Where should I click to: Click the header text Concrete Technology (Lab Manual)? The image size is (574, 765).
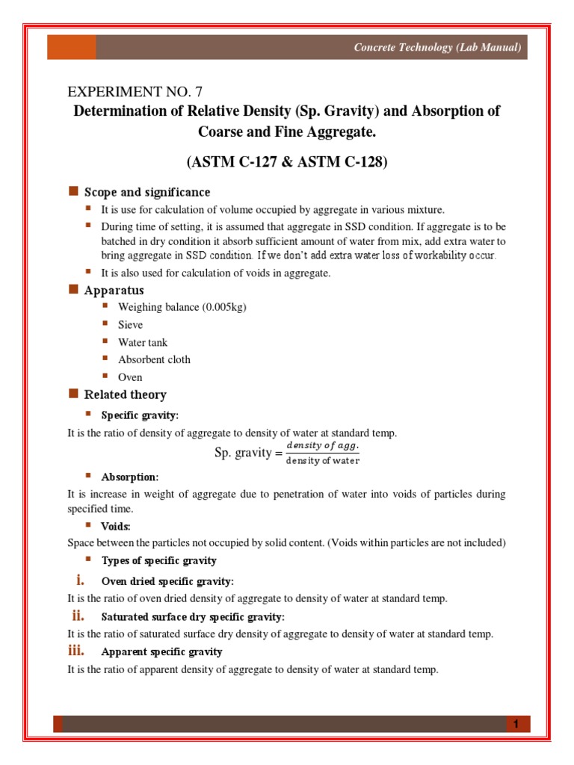(x=437, y=48)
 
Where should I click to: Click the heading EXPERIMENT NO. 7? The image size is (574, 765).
(x=135, y=93)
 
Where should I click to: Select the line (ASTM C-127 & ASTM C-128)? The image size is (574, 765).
(x=286, y=161)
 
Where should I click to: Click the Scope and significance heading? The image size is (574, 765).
(x=147, y=192)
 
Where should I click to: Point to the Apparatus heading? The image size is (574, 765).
(x=114, y=290)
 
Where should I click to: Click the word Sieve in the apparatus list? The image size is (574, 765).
(x=130, y=325)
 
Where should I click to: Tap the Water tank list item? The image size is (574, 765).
(x=143, y=342)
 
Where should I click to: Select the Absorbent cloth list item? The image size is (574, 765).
(x=154, y=359)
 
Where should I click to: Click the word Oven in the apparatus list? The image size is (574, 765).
(x=130, y=377)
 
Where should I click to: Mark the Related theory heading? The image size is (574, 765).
(x=125, y=394)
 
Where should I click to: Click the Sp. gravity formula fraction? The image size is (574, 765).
(x=323, y=453)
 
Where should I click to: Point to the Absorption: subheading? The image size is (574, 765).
(x=130, y=477)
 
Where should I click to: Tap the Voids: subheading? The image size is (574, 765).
(x=116, y=526)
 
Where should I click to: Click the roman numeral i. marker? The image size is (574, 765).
(x=78, y=580)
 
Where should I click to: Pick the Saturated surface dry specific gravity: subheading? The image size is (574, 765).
(x=193, y=616)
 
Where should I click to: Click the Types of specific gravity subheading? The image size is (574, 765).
(x=158, y=560)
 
